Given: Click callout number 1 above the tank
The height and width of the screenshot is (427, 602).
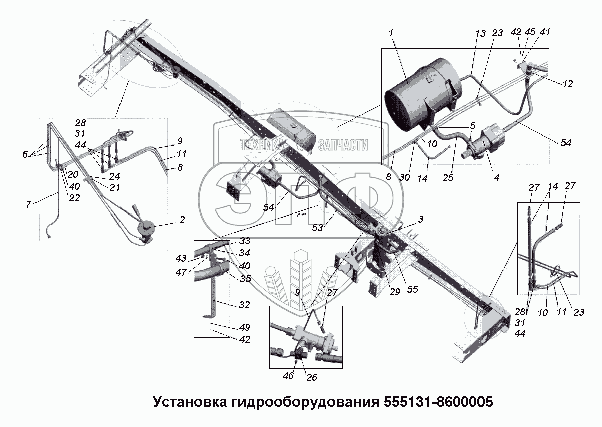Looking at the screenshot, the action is tap(391, 33).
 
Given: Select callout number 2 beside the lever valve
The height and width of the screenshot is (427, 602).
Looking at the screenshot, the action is tap(182, 220).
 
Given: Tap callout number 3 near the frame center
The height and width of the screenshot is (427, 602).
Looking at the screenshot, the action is tap(421, 219).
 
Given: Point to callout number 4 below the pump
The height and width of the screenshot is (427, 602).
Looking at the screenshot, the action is tap(496, 177).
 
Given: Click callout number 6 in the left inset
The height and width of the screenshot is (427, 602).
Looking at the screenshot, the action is tap(25, 154).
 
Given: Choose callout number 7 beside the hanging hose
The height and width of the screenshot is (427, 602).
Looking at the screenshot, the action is tap(28, 204).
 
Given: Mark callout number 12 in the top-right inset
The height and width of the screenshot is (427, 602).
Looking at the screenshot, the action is tap(568, 84).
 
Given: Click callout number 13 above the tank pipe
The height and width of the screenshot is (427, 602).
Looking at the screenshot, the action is tap(480, 34).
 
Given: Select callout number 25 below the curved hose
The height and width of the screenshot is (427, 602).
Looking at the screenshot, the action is tap(448, 178).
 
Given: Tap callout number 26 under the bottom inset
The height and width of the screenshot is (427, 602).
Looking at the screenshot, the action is tap(312, 377).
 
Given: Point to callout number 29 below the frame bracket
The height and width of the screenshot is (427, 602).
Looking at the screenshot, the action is tap(395, 292).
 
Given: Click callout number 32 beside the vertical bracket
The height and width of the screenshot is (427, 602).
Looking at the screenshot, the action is tap(244, 305).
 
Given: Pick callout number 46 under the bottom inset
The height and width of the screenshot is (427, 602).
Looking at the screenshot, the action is tap(288, 376).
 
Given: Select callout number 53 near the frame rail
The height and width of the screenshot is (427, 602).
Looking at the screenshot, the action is tap(317, 228).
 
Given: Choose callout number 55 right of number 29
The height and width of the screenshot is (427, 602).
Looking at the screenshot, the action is tap(412, 289).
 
